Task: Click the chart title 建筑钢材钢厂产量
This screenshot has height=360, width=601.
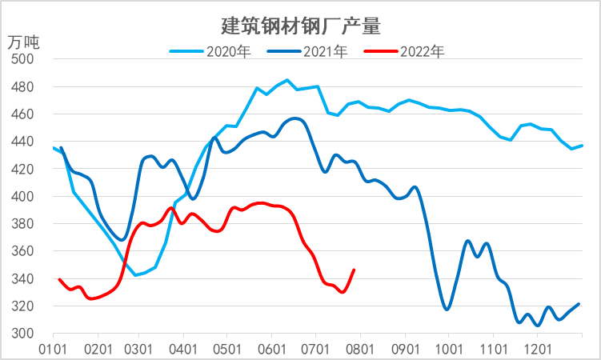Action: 300,26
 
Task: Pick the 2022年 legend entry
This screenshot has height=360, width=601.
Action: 420,52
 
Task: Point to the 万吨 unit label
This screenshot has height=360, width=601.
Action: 23,40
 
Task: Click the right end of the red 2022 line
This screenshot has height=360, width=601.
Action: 355,270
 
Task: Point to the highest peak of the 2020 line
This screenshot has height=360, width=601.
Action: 287,80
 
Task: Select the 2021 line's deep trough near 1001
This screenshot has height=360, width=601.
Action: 447,309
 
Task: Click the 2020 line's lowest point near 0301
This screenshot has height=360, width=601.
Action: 136,275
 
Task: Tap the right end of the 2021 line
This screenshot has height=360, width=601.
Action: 579,304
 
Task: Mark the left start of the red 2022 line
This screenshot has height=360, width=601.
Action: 59,279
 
